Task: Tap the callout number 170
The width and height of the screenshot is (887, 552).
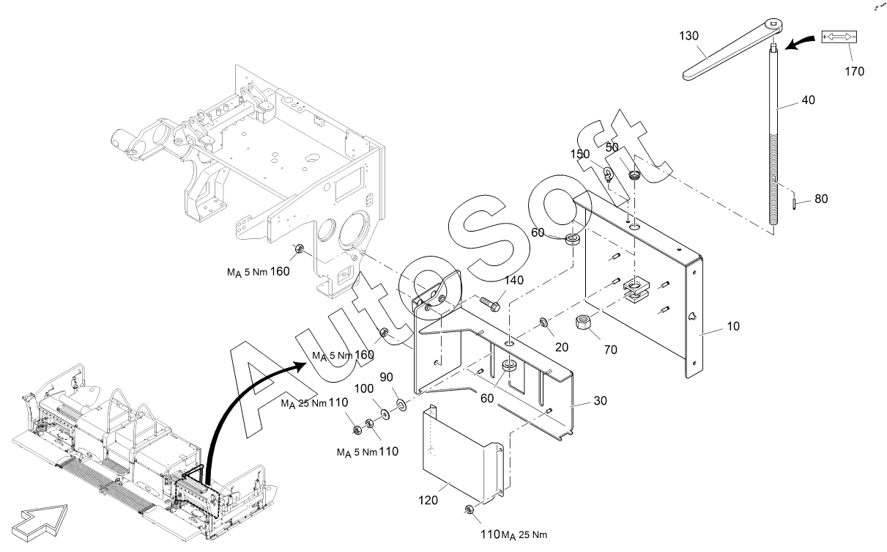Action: click(x=853, y=71)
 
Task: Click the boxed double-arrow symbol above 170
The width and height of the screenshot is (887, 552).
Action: click(x=839, y=37)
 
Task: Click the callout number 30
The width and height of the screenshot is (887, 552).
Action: click(x=601, y=402)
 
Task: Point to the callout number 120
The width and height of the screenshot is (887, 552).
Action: click(x=428, y=500)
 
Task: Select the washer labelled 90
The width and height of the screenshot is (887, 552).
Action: click(x=401, y=405)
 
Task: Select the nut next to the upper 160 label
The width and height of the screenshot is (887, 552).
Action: click(x=300, y=249)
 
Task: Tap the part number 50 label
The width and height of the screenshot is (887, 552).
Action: click(x=613, y=147)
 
